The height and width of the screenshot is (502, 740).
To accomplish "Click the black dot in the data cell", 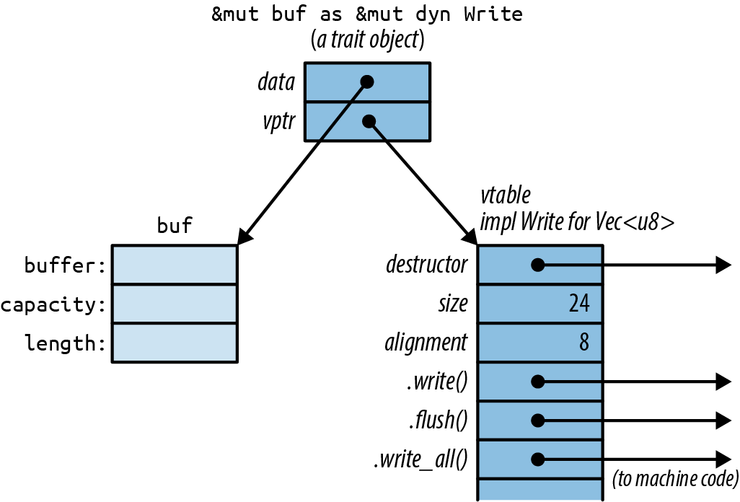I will [x=366, y=82].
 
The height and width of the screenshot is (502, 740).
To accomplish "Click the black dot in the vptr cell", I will [x=369, y=121].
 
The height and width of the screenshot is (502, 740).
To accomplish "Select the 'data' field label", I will [x=276, y=82].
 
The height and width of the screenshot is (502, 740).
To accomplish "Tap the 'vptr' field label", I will [x=278, y=122].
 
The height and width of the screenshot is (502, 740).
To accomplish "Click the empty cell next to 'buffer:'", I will [x=175, y=265].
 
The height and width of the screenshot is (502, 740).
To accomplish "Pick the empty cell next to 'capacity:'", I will [x=175, y=304].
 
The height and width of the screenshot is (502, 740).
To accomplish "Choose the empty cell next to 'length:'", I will [x=175, y=343].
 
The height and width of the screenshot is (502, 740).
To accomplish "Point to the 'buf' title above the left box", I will [x=175, y=226].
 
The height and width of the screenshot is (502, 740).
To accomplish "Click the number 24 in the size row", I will [x=578, y=304].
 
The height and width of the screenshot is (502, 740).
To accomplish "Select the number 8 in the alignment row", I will [x=583, y=343].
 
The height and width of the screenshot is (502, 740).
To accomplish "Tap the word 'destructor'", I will [x=427, y=265].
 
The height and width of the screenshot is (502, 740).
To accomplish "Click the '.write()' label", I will [x=436, y=382].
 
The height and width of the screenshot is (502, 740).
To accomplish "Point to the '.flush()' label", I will [x=437, y=420].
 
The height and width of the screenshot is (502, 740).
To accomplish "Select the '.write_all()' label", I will [x=420, y=459].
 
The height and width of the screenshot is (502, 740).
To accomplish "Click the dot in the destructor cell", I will [x=537, y=265].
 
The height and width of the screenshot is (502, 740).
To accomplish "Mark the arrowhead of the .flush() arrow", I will [x=723, y=420].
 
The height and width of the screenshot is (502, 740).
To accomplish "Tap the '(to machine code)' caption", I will [x=675, y=477].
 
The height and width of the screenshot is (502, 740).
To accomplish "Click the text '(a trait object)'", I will [x=367, y=40].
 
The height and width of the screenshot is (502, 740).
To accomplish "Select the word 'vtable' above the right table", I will [x=506, y=195].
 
